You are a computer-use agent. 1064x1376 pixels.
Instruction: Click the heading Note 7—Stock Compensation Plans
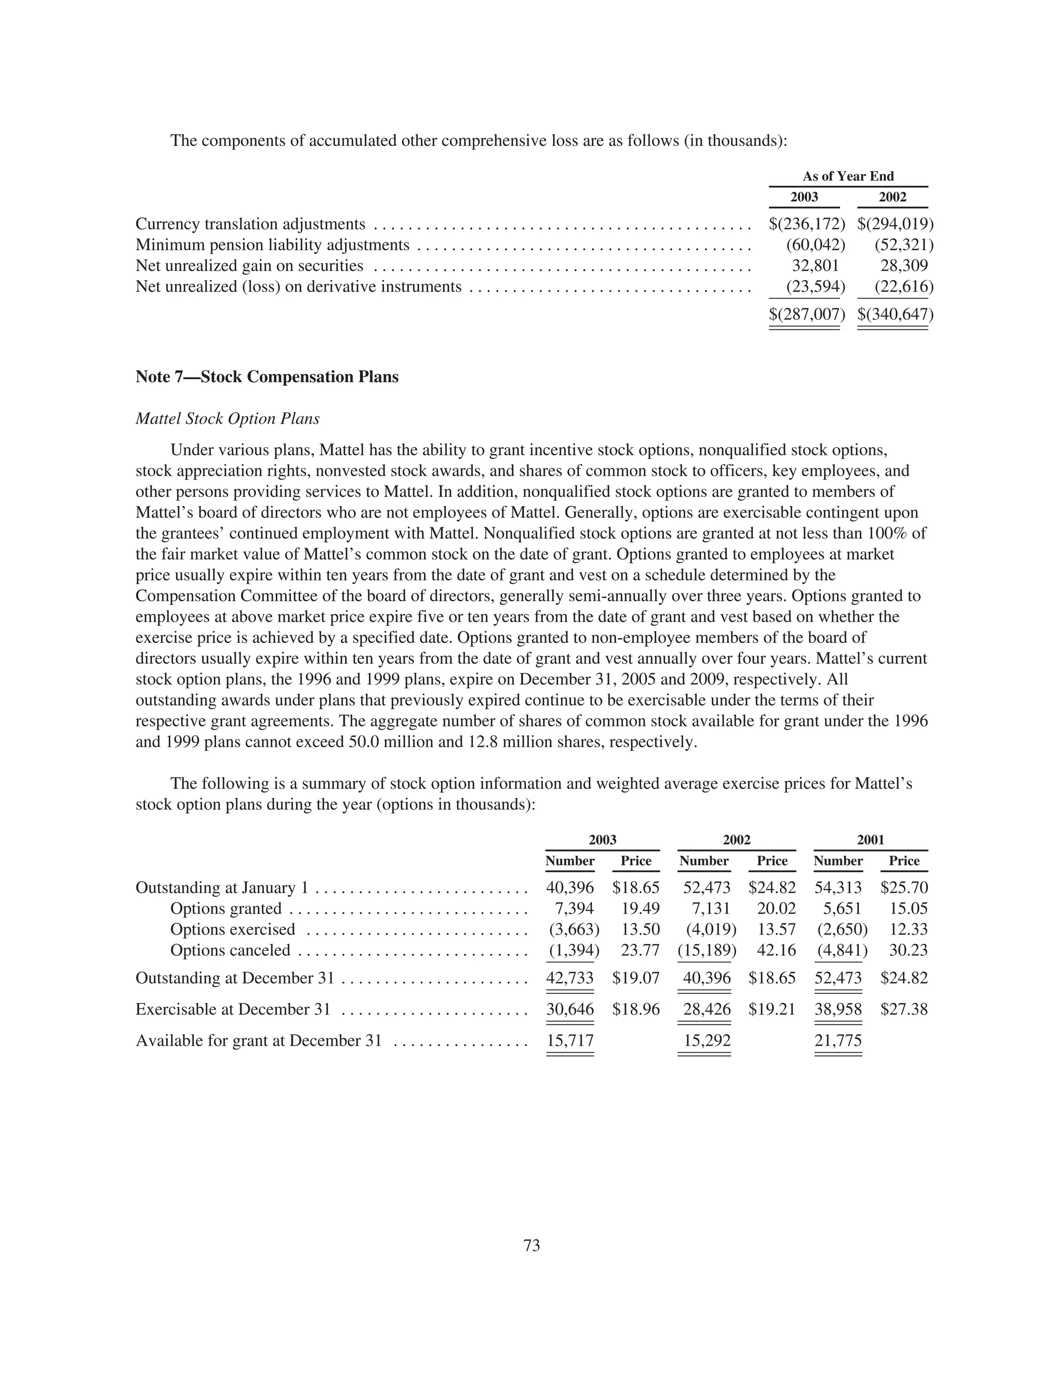coord(267,377)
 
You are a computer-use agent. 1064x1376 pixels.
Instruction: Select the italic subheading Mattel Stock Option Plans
coord(228,419)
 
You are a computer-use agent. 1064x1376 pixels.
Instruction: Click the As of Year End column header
coord(848,177)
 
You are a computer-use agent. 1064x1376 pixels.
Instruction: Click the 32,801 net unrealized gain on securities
coord(815,266)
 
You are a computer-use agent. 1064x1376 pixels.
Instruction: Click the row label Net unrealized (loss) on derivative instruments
coord(299,287)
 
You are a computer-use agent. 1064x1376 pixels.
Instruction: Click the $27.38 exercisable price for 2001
coord(904,1009)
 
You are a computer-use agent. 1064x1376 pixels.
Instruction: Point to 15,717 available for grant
coord(570,1040)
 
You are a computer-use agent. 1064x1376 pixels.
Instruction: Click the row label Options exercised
coord(233,929)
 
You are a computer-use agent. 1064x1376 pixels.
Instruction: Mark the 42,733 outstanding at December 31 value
coord(570,978)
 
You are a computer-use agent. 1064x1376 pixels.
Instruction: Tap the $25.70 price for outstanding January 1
coord(904,888)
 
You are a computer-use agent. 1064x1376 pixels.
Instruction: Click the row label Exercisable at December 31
coord(233,1009)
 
